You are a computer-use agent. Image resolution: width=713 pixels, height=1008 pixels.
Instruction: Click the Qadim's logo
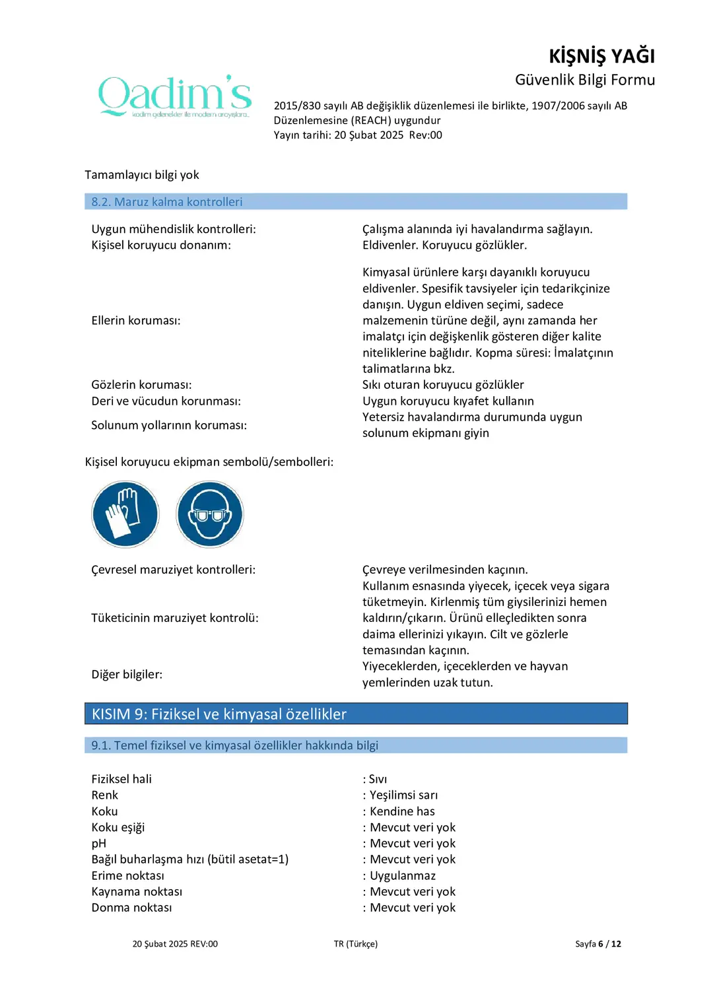click(175, 96)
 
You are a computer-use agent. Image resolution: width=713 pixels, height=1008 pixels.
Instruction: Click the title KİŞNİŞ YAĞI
click(601, 56)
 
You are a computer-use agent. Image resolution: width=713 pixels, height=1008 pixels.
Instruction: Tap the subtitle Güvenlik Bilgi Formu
click(584, 80)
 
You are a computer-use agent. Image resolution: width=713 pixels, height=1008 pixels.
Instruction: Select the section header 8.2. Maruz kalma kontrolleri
click(167, 202)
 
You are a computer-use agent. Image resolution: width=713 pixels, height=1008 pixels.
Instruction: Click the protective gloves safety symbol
click(125, 514)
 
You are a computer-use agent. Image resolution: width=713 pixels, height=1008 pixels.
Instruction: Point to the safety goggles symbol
click(210, 514)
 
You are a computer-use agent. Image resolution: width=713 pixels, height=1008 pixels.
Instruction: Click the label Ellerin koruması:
click(136, 321)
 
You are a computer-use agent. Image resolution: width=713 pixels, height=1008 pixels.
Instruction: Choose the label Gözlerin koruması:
click(141, 385)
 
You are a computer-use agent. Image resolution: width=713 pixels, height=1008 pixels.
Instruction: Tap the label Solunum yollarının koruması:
click(169, 426)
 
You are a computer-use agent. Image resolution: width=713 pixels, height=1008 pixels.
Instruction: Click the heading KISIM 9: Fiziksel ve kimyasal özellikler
click(219, 714)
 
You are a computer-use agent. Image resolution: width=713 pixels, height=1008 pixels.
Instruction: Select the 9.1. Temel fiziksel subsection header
click(234, 745)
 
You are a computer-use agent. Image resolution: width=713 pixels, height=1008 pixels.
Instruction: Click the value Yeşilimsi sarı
click(403, 795)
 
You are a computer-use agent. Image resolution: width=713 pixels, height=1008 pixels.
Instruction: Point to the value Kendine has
click(402, 811)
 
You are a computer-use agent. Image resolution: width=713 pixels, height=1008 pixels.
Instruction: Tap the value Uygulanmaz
click(403, 876)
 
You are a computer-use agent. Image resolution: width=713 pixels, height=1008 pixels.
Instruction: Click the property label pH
click(99, 844)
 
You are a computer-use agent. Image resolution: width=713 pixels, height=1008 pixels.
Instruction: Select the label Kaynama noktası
click(137, 892)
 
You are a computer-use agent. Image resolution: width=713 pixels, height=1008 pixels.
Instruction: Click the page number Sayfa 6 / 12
click(598, 944)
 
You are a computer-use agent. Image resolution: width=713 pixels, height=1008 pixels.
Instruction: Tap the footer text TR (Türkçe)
click(356, 944)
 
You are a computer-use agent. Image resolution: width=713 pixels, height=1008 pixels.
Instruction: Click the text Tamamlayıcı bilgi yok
click(142, 175)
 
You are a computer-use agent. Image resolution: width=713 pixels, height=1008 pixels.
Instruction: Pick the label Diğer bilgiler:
click(127, 675)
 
